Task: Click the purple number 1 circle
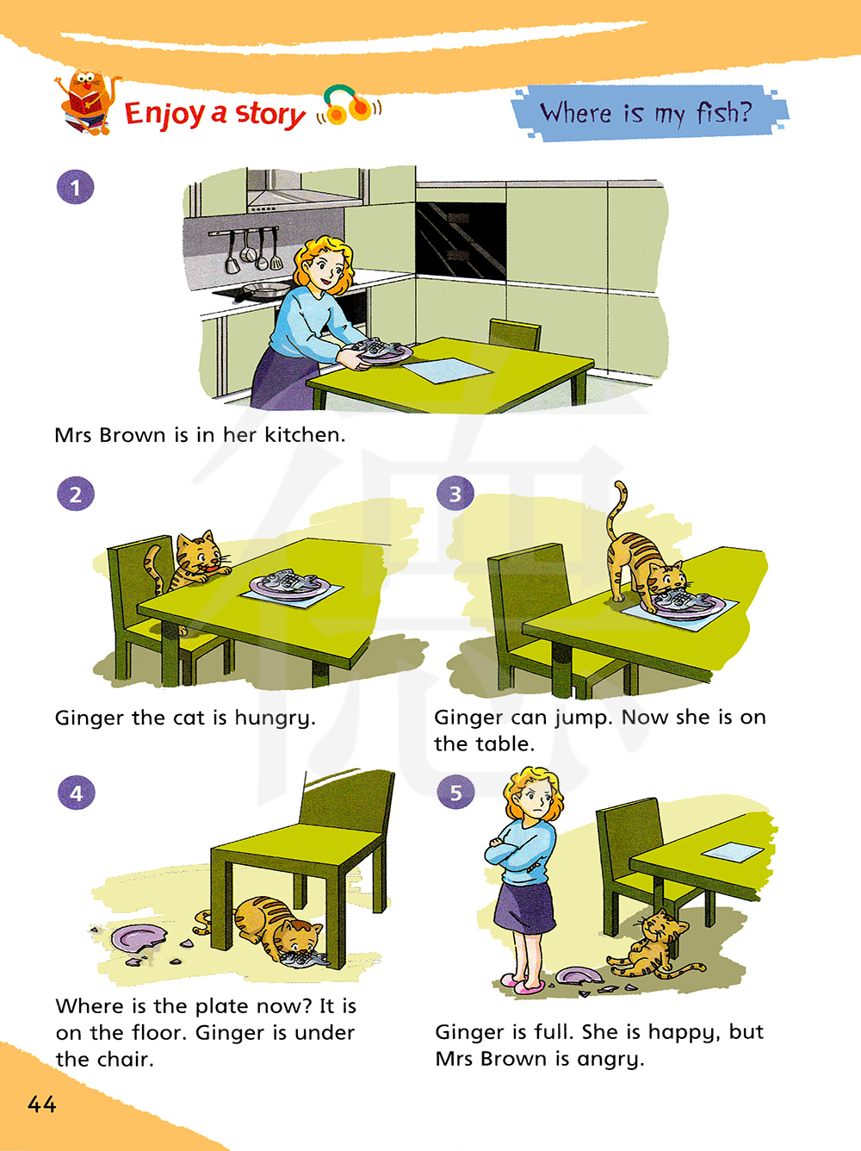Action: [x=76, y=187]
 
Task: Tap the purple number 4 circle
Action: [x=77, y=793]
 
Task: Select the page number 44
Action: [x=42, y=1104]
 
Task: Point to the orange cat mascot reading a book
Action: [x=86, y=103]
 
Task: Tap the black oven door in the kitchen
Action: [x=461, y=240]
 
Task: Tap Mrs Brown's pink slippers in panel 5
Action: [x=520, y=984]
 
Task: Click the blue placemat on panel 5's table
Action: [x=732, y=851]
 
